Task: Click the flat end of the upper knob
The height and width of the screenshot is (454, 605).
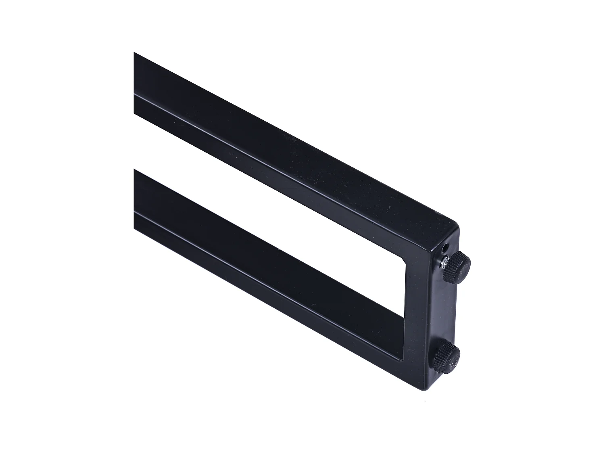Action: pos(464,265)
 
